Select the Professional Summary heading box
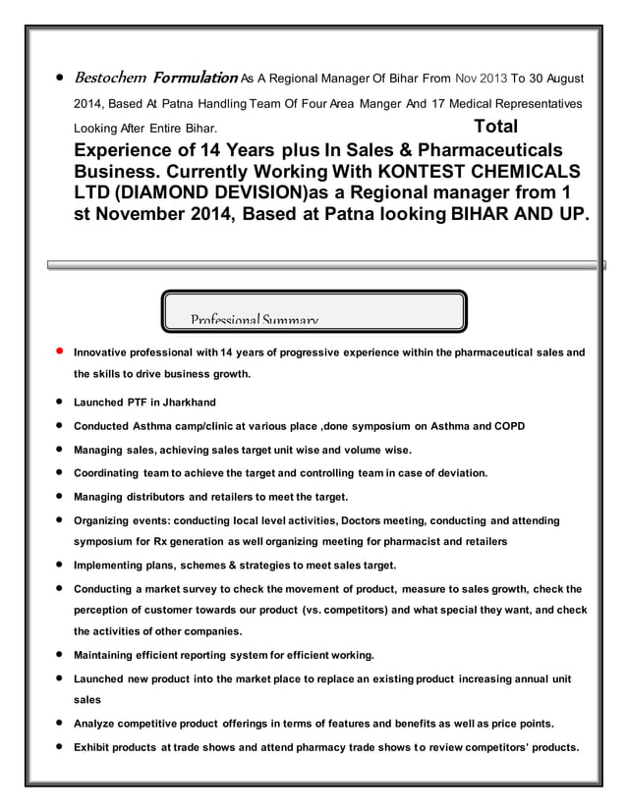313,312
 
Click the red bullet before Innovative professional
60,351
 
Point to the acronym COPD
509,426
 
